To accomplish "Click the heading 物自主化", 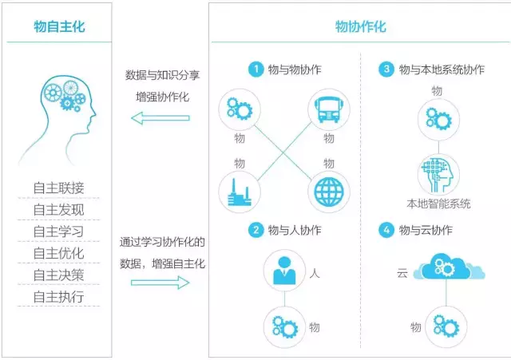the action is pos(59,26).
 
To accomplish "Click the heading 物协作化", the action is pos(360,26).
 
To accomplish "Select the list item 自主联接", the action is pos(58,188).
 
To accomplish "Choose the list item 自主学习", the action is pos(58,232).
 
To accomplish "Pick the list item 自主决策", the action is pos(58,275).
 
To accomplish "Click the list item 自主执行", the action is pos(58,298).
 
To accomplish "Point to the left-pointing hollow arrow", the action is pos(160,118).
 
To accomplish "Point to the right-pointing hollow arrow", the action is pos(160,281).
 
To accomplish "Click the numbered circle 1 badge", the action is pos(255,69).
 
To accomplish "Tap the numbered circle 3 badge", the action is pos(387,69).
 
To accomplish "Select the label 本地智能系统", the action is pos(438,204).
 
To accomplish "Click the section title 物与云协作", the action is pos(426,230).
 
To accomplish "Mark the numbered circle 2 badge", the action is pos(255,230).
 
